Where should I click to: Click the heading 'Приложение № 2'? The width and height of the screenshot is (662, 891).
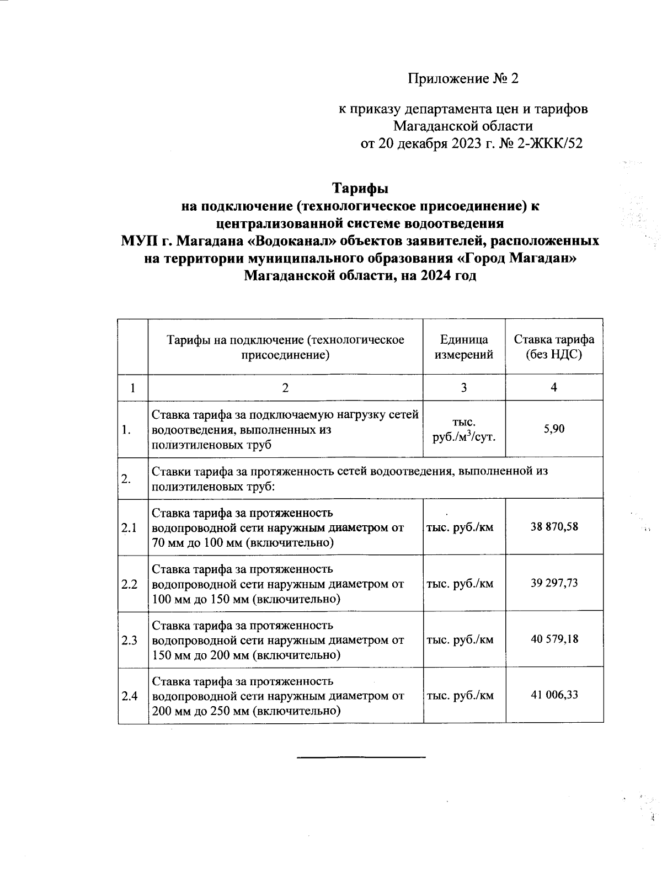tap(463, 79)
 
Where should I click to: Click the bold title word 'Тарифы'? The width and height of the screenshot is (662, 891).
tap(360, 189)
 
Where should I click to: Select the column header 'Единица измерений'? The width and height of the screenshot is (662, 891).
tap(463, 347)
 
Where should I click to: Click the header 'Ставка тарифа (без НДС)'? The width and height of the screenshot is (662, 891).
tap(554, 347)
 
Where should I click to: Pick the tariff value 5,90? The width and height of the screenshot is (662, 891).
tap(554, 429)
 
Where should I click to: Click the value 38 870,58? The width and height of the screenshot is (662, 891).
tap(554, 526)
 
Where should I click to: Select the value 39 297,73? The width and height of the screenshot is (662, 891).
tap(554, 583)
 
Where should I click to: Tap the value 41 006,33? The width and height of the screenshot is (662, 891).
tap(554, 695)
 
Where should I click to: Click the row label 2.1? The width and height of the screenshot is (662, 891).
tap(130, 527)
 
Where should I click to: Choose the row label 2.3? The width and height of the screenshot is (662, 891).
tap(130, 640)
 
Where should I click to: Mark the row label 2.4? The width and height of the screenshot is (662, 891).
tap(130, 696)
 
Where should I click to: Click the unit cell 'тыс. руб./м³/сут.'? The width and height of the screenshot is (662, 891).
tap(463, 429)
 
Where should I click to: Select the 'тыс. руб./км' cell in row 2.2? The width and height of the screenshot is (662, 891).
tap(460, 583)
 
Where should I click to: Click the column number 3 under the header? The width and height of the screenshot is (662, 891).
tap(463, 387)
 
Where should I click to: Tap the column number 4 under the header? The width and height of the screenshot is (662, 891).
tap(554, 387)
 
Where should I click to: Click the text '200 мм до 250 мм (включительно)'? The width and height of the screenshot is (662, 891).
tap(246, 711)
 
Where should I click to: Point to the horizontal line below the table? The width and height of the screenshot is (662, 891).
tap(361, 756)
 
